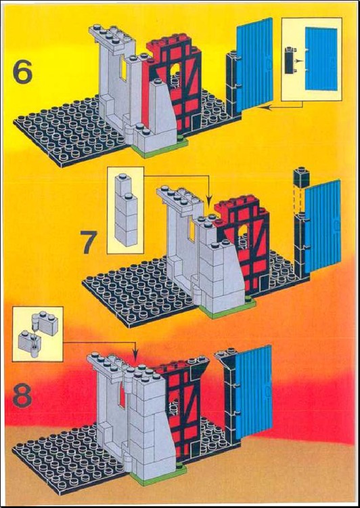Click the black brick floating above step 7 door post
point(300,177)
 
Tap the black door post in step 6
point(231,81)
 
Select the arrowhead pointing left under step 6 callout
point(263,108)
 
